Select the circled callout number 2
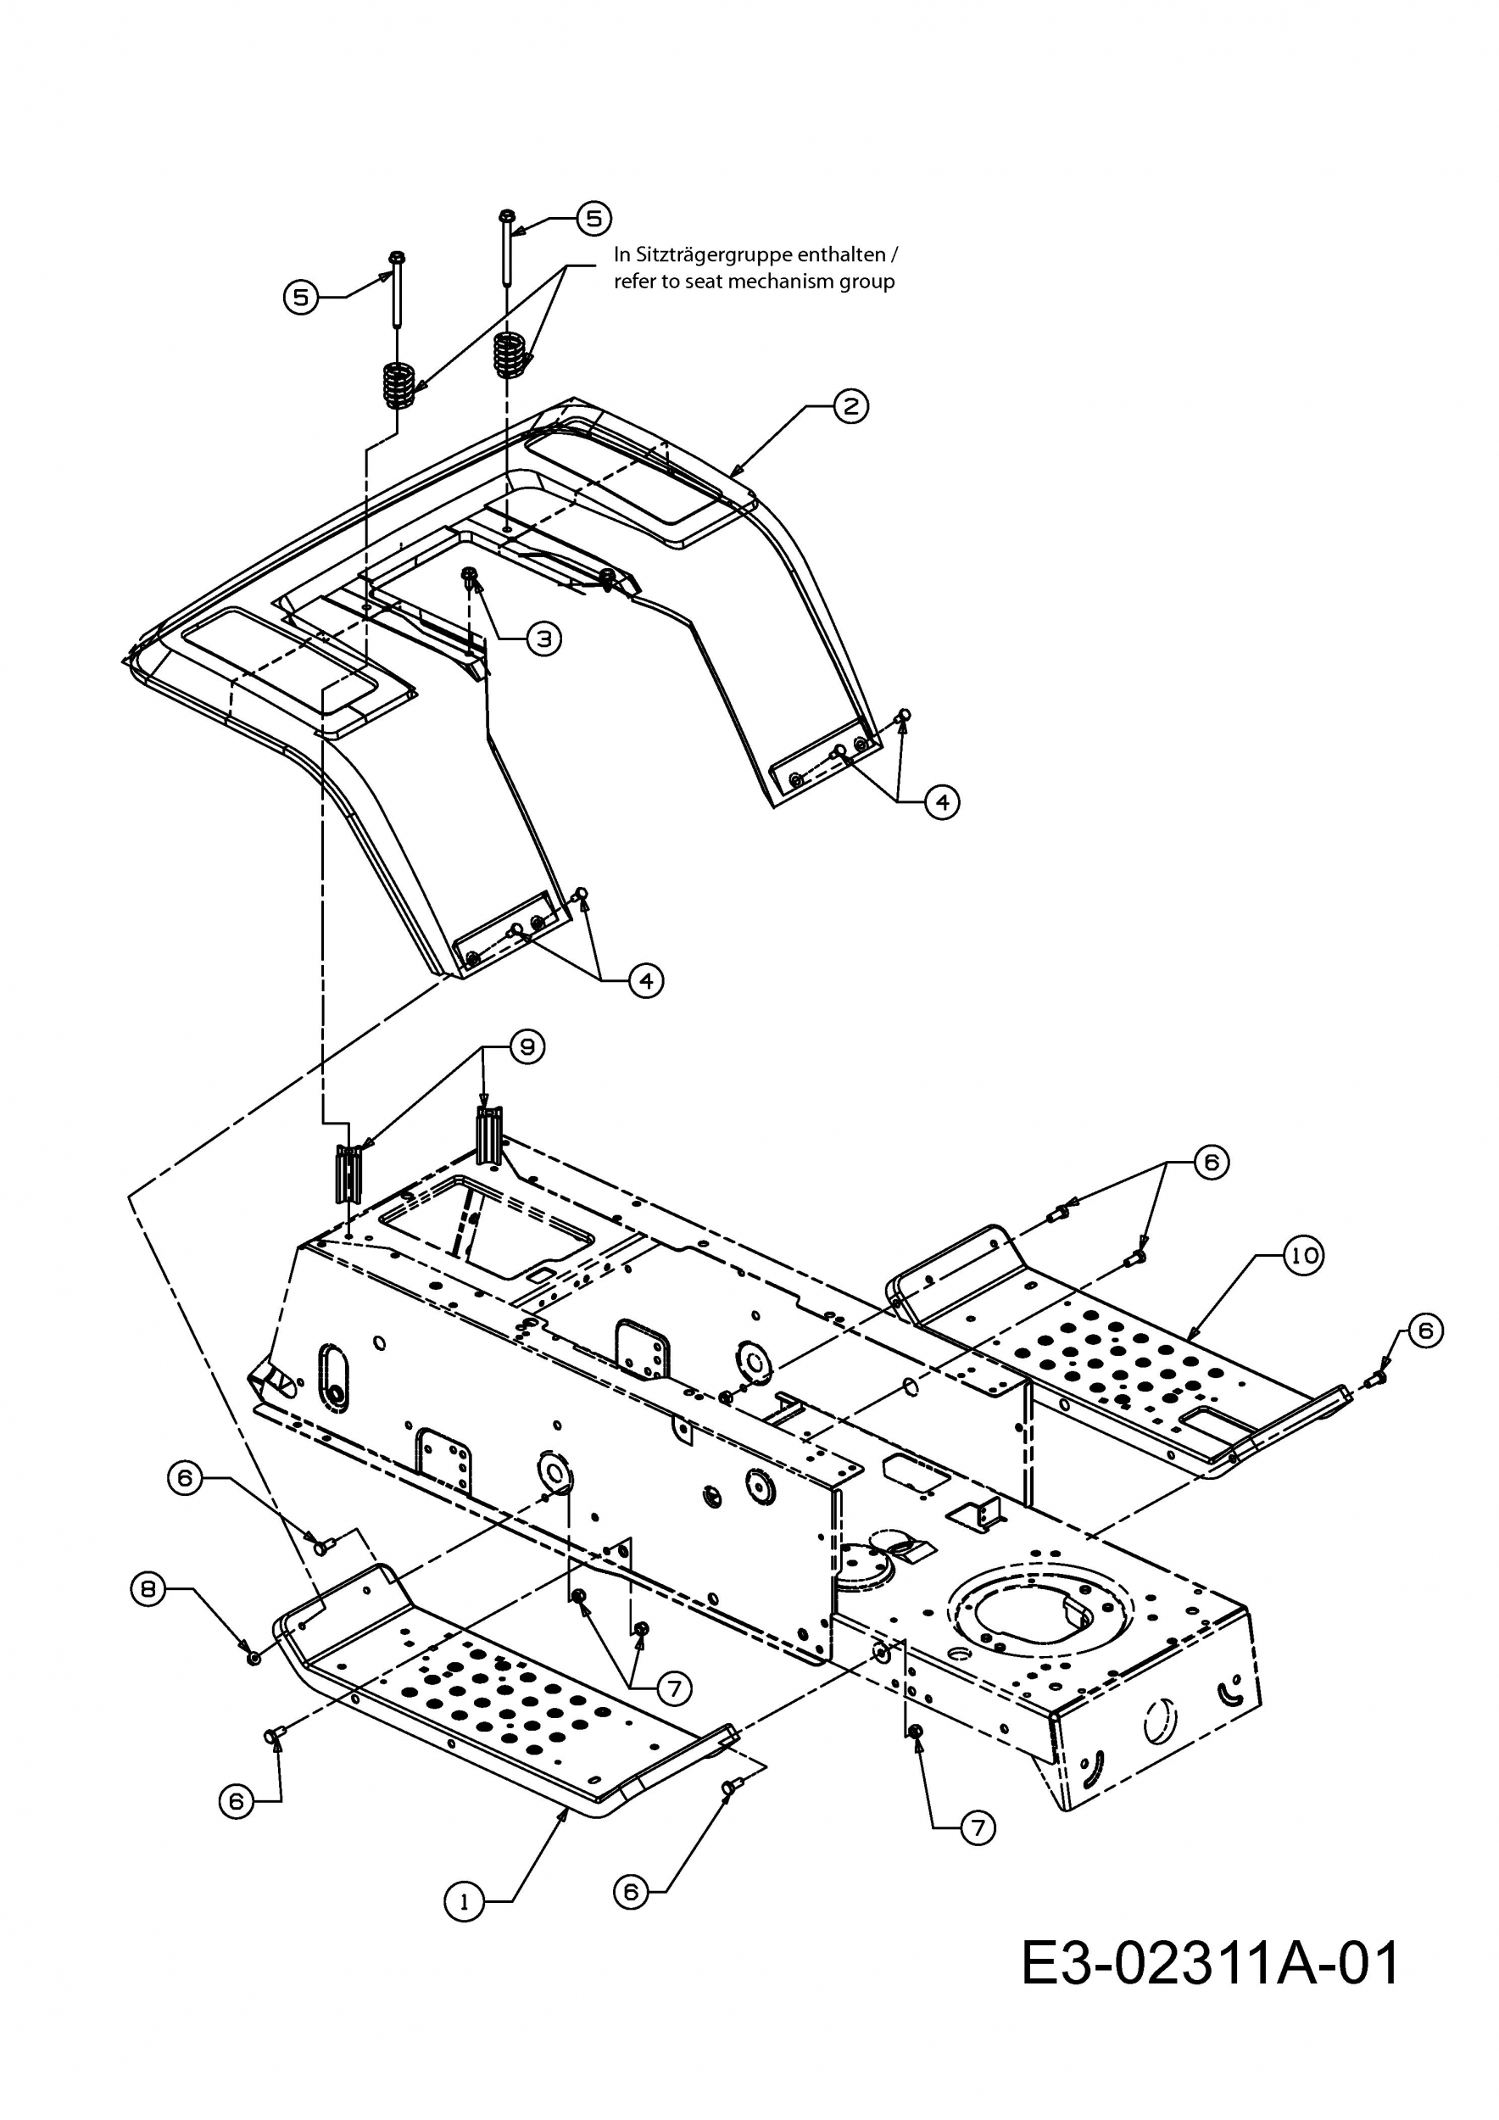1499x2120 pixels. (x=850, y=405)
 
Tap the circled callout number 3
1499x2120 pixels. (x=543, y=638)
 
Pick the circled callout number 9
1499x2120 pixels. (x=527, y=1046)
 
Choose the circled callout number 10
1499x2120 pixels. (x=1303, y=1256)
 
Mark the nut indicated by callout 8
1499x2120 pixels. (x=251, y=1657)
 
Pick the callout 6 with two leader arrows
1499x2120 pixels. (x=1211, y=1162)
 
